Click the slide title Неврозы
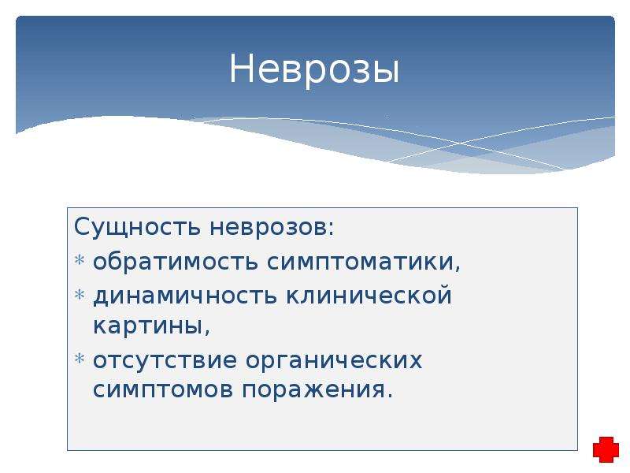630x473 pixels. (x=314, y=69)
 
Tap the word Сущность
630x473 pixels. (x=137, y=228)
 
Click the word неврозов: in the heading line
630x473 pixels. (x=272, y=228)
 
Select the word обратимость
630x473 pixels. (x=175, y=262)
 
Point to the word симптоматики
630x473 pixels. (x=361, y=263)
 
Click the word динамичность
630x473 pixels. (x=185, y=296)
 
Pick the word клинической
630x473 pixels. (x=369, y=296)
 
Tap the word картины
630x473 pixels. (x=148, y=326)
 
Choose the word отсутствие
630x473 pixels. (x=165, y=360)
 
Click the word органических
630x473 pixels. (x=334, y=361)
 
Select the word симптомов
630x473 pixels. (x=163, y=389)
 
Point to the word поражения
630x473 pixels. (x=313, y=390)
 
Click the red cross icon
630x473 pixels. (x=606, y=449)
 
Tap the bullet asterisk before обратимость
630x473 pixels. (x=80, y=260)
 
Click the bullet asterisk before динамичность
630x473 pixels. (x=80, y=294)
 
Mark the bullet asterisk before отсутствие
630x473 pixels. (x=80, y=358)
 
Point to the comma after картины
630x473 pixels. (x=207, y=331)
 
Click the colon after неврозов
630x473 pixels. (x=331, y=228)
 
